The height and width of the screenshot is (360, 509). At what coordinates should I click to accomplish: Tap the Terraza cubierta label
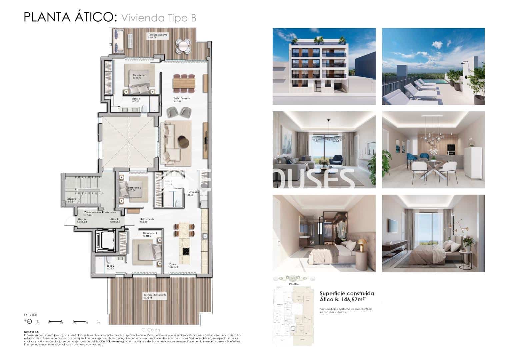tap(158, 35)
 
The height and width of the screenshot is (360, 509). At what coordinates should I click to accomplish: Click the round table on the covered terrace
tap(183, 46)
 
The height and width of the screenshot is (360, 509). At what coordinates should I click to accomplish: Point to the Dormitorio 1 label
tap(140, 76)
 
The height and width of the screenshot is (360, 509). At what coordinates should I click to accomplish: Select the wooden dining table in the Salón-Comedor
tap(184, 82)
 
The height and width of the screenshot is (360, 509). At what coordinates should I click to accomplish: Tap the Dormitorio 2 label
tap(134, 188)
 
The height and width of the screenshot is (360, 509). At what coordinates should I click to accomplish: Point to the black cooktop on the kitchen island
tap(185, 251)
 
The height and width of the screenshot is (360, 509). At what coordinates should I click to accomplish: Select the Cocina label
tap(173, 264)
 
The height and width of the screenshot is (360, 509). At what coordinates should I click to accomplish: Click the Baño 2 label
tap(111, 266)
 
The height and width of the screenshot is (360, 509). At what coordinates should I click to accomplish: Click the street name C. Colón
tap(151, 330)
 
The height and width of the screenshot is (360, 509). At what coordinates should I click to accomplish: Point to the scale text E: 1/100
tap(31, 315)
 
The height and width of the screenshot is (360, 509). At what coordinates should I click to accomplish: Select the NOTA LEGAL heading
tap(32, 332)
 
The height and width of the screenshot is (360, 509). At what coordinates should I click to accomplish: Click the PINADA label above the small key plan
tap(292, 284)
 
